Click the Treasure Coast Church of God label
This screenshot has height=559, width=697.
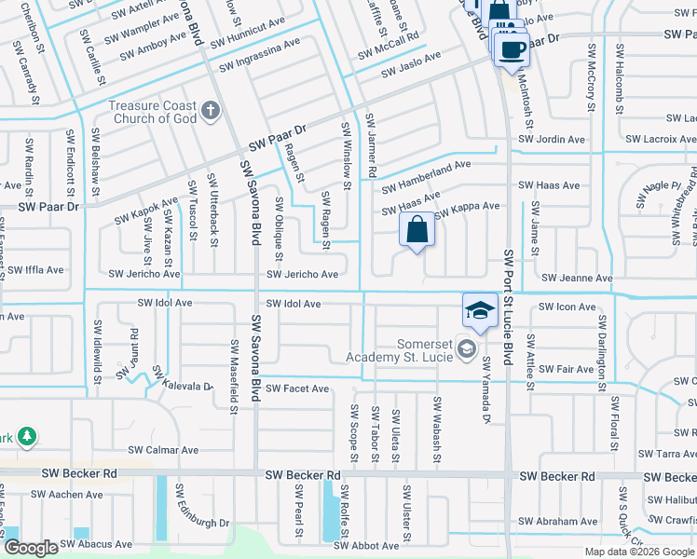click(153, 112)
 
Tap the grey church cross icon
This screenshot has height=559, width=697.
click(211, 112)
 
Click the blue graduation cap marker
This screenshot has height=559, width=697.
click(480, 311)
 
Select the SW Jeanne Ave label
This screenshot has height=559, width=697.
click(578, 279)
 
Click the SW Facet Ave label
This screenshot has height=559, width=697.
click(297, 389)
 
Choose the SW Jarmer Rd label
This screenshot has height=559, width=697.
click(370, 146)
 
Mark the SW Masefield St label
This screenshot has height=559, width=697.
click(233, 376)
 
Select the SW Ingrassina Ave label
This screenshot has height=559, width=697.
click(259, 67)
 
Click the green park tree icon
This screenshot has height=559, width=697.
click(27, 436)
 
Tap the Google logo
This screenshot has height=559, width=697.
click(31, 548)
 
